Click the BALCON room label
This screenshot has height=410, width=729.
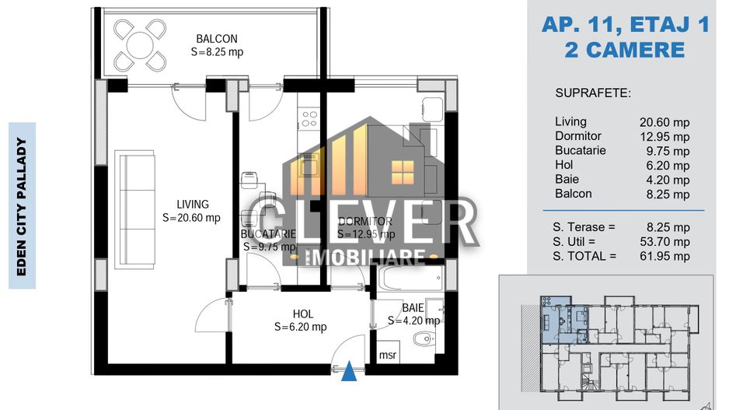[x=216, y=39]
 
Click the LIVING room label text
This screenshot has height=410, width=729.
[x=191, y=205]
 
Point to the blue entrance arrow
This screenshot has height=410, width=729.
[x=351, y=374]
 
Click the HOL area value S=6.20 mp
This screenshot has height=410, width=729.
[x=300, y=328]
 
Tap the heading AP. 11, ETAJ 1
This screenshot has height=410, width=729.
[x=625, y=26]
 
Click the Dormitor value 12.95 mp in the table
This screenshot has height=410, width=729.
[x=664, y=137]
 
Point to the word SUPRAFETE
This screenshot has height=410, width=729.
[x=593, y=93]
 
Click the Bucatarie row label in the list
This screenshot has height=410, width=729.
[x=580, y=151]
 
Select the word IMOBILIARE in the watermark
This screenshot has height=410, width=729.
[x=365, y=256]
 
